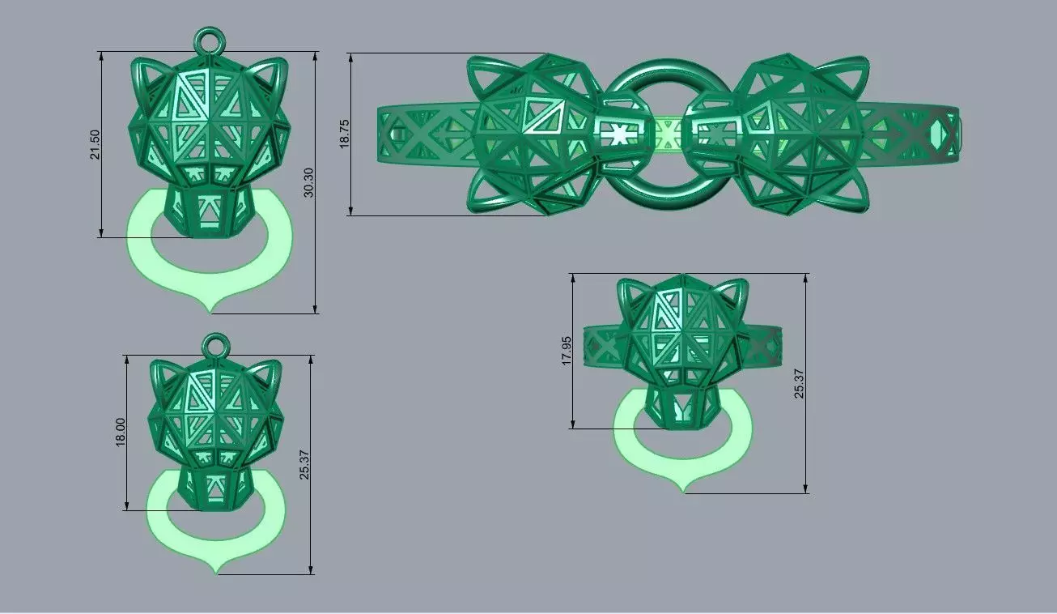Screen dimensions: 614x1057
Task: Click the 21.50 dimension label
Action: [96, 144]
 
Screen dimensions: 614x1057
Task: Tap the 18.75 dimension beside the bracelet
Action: [345, 134]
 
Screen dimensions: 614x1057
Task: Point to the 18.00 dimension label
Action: [121, 432]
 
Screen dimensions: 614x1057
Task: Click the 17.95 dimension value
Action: [567, 351]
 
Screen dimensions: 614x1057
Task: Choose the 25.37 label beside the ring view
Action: [800, 383]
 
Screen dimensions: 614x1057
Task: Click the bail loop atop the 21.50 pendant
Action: [209, 41]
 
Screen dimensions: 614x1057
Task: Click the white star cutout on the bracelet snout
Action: [619, 134]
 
